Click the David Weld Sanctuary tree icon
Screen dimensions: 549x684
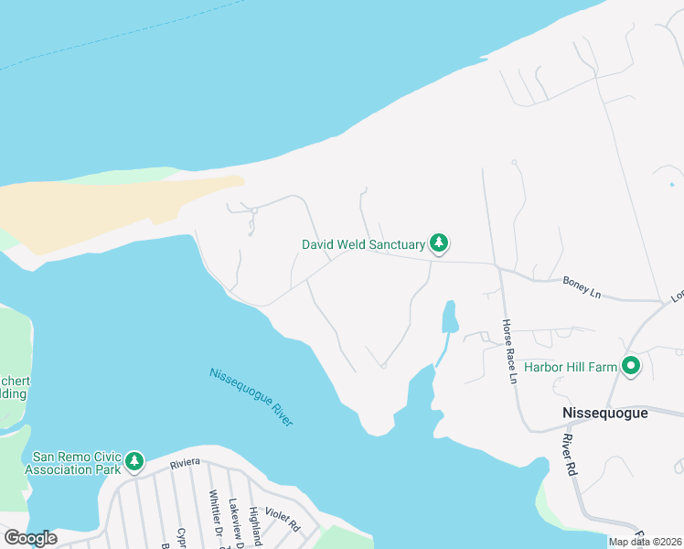coord(440,244)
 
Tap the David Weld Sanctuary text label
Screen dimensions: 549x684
coord(364,245)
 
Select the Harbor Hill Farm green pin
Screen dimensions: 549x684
coord(630,366)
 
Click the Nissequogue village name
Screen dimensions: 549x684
coord(604,414)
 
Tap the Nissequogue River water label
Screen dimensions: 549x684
coord(251,396)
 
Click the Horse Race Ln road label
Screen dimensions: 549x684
coord(508,351)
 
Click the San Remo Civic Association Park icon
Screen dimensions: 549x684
coord(134,461)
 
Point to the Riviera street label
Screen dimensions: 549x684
coord(185,465)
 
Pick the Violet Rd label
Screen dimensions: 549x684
coord(282,521)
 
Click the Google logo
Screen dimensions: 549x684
coord(30,538)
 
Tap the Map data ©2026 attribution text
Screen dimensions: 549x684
coord(644,542)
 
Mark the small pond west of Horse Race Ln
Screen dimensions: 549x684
coord(449,318)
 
